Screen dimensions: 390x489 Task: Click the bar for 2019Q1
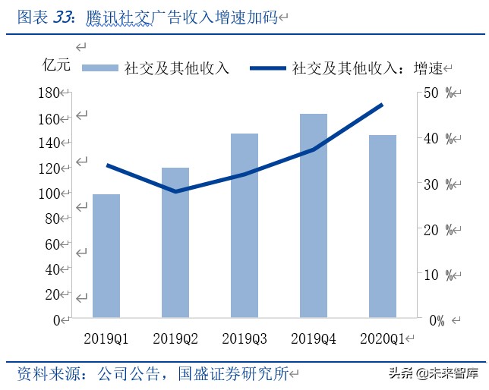coord(106,256)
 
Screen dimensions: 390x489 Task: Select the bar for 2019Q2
coord(175,242)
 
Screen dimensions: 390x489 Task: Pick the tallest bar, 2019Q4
coord(314,215)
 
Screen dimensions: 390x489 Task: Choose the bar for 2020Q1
coord(383,226)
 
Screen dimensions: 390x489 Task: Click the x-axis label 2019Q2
coord(175,337)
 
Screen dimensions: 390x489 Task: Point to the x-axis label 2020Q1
coord(383,337)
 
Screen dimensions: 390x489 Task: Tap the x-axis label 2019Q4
coord(314,337)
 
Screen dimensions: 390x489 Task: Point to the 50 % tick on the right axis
coord(439,93)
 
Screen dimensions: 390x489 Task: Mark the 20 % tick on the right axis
coord(439,229)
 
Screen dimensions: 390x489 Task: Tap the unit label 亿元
coord(56,64)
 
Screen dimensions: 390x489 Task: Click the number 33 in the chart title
coord(65,17)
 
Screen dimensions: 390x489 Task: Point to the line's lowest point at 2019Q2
coord(175,191)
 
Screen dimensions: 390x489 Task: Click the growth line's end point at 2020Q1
coord(383,104)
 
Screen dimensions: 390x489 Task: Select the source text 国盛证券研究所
coord(232,373)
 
